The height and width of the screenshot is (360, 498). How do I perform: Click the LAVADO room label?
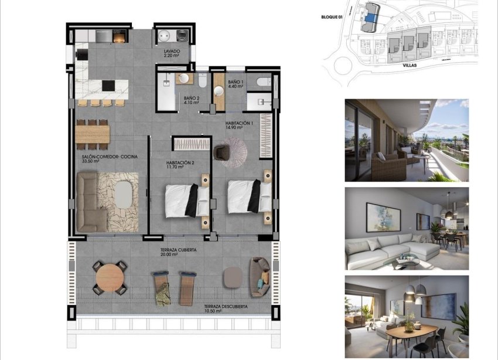(x=172, y=52)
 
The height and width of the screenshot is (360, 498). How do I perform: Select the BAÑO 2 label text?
(x=192, y=99)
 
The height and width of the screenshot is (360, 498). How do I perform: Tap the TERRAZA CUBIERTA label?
(x=178, y=250)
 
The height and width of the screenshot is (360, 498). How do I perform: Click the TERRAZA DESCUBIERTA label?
(x=226, y=307)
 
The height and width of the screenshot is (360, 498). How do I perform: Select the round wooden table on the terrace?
(x=109, y=277)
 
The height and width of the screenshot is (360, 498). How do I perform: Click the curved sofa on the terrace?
(x=259, y=276)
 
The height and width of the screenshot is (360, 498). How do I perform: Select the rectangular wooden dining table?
(x=93, y=134)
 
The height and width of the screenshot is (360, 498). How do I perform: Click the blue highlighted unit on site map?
(x=370, y=18)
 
